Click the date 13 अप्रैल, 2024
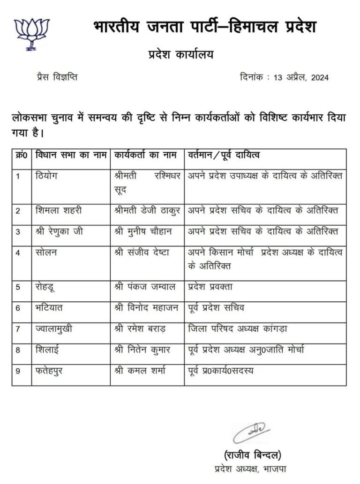[x=298, y=78]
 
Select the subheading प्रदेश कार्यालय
[x=180, y=54]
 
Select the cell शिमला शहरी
[x=59, y=210]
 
